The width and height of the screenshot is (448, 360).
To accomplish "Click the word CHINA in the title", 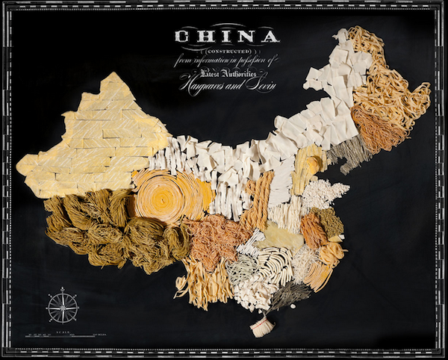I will point(226,36).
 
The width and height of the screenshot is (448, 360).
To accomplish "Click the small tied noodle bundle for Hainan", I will point(261,327).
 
